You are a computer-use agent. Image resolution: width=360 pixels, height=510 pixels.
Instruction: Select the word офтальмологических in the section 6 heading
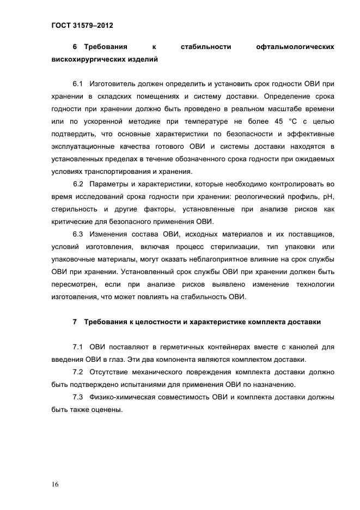tap(295, 47)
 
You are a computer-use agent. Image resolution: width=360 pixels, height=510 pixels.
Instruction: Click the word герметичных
tap(178, 347)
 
